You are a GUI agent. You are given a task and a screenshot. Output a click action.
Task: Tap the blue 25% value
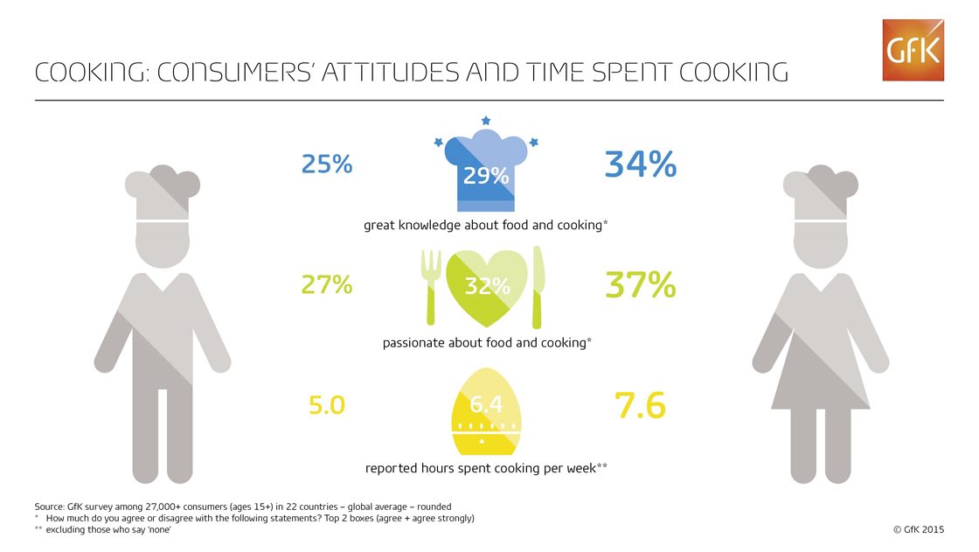[x=327, y=164]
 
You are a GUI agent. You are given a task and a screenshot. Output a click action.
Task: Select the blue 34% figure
[x=641, y=164]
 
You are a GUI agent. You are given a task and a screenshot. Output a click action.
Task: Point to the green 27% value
[x=327, y=285]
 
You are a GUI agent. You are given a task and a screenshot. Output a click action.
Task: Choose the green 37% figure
[x=641, y=284]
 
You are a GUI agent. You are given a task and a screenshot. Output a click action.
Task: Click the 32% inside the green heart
[x=487, y=286]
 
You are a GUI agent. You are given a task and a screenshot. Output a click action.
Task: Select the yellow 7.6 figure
[x=641, y=405]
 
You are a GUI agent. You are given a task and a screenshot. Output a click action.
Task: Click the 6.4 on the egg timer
[x=487, y=405]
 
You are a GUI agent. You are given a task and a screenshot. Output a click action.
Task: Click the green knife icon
[x=539, y=285]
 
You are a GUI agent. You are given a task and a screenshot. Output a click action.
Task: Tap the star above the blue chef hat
[x=486, y=120]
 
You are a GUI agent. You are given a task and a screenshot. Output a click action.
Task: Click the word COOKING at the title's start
[x=84, y=73]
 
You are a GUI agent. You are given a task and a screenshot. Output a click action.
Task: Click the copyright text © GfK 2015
[x=918, y=529]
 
